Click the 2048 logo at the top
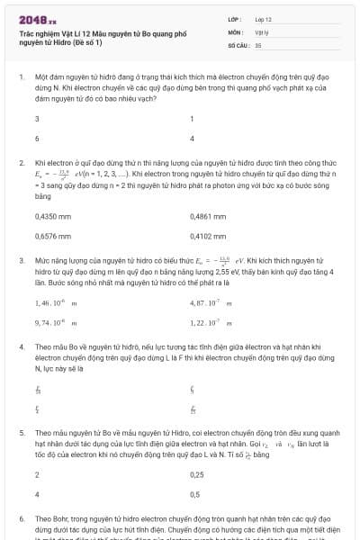(x=36, y=19)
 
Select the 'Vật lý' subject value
(x=261, y=31)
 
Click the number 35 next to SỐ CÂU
(x=258, y=44)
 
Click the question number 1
(x=21, y=78)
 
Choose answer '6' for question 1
(x=37, y=139)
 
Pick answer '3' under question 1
(x=37, y=119)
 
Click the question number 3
(x=21, y=259)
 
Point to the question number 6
(x=21, y=519)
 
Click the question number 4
(x=21, y=346)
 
